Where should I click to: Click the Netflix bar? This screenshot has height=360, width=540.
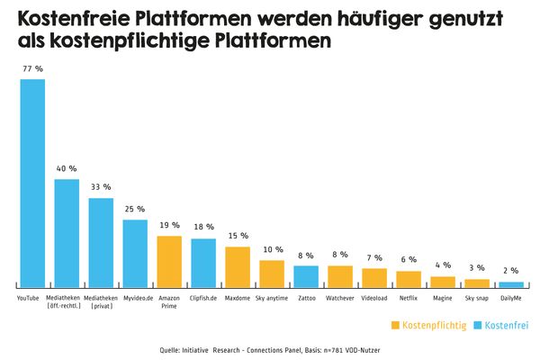(409, 278)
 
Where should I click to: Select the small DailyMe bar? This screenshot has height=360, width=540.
(511, 284)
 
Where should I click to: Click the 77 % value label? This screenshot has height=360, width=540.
(32, 68)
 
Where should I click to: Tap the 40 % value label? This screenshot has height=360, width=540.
(67, 168)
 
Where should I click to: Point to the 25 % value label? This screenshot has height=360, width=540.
(135, 209)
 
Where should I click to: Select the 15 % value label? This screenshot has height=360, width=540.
(238, 236)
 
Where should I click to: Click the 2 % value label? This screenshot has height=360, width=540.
(511, 271)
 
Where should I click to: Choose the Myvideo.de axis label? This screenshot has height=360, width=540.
(135, 296)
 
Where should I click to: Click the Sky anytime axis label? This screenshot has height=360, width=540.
(272, 296)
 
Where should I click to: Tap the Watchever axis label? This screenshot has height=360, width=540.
(340, 296)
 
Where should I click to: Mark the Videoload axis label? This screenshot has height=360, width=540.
(374, 296)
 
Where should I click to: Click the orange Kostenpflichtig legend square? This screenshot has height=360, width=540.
(395, 323)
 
